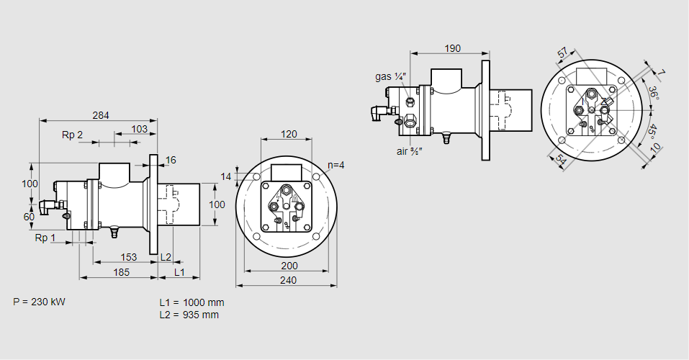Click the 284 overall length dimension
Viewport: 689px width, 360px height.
101,115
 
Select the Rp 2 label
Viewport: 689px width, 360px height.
72,135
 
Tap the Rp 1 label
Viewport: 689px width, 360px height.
45,238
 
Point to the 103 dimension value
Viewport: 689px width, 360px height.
140,129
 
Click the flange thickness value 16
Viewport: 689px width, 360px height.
171,160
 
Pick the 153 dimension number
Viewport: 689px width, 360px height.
128,257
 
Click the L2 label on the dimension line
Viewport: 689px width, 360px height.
166,257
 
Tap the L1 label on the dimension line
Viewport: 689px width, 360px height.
179,272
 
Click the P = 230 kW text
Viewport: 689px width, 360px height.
39,302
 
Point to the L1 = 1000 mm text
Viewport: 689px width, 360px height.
192,302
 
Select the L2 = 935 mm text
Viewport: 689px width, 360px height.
189,315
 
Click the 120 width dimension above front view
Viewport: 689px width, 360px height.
289,134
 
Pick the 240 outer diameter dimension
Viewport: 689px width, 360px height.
288,281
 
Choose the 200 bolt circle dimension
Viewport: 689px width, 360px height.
288,266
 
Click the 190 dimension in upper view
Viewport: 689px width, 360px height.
452,48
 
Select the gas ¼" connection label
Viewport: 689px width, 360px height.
391,76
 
